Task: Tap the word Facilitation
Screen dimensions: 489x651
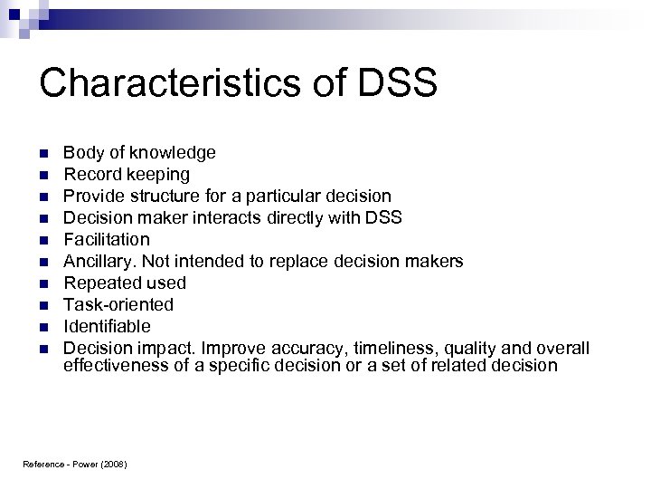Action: pos(107,239)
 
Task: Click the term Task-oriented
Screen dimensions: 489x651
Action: pos(118,304)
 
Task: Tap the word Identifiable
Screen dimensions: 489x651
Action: pos(107,326)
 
